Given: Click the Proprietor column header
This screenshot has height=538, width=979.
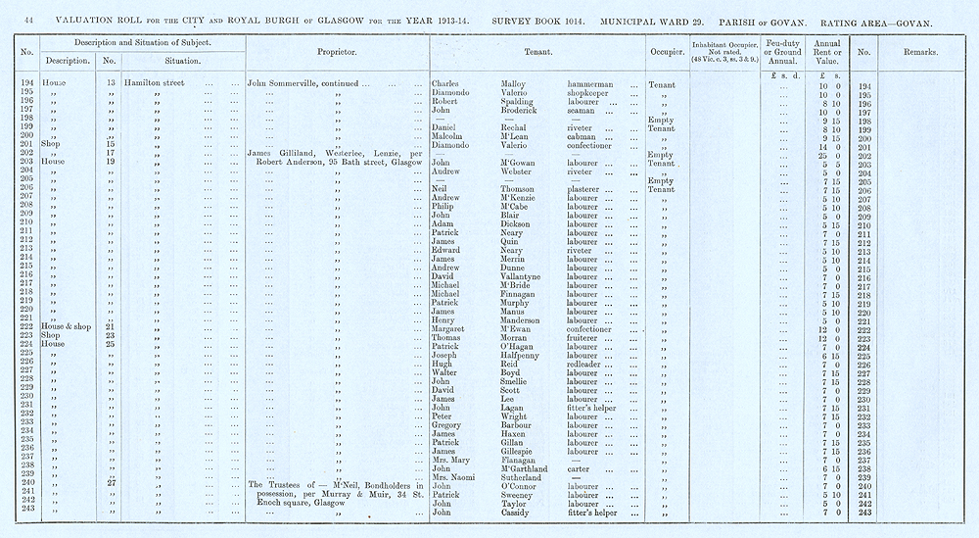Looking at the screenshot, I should click(336, 52).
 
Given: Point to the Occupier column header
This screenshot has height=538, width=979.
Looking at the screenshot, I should click(665, 52).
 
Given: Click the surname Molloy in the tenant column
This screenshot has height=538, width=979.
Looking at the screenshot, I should click(517, 85).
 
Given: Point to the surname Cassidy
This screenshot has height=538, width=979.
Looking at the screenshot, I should click(521, 513).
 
